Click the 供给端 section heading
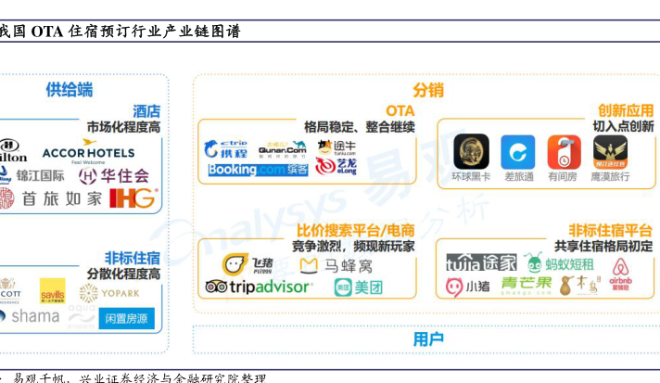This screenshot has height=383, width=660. (70, 89)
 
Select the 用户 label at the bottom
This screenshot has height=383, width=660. (427, 338)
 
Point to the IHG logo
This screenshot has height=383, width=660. (133, 198)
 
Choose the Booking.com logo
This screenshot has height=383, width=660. (246, 170)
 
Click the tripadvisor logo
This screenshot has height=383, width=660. (258, 287)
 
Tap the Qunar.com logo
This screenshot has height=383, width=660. (282, 148)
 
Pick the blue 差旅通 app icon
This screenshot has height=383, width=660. (518, 152)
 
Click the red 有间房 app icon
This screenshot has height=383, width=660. (564, 152)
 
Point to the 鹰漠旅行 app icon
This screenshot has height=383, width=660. (610, 152)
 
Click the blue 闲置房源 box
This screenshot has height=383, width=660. (129, 319)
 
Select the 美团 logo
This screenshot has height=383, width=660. (359, 287)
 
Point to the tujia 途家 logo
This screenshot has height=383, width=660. (480, 263)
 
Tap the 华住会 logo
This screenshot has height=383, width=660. (113, 174)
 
